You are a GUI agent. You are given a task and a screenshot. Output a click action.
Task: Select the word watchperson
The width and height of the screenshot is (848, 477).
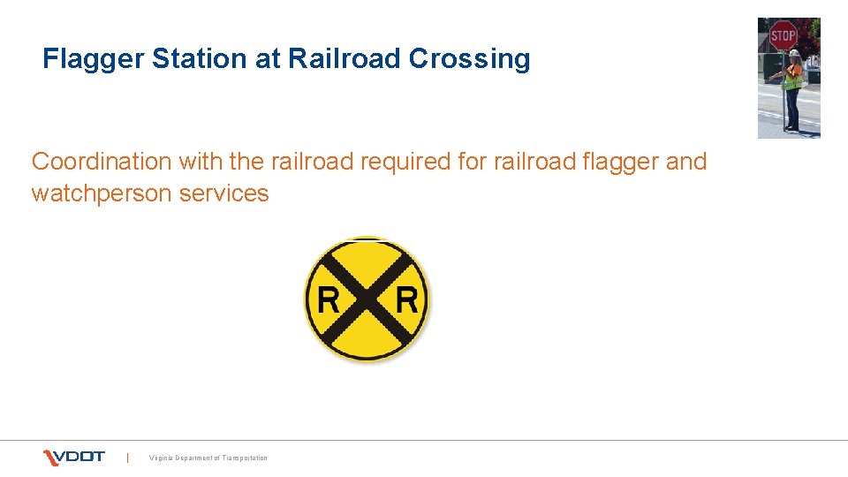(102, 193)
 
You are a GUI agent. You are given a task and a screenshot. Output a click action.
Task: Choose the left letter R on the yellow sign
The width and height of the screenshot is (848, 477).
(328, 299)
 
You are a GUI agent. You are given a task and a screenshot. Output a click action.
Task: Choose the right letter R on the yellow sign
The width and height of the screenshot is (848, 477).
(406, 299)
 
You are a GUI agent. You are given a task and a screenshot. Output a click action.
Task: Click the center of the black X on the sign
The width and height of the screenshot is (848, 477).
(367, 299)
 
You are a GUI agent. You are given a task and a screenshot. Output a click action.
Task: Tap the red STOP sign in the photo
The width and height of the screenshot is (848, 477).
(783, 36)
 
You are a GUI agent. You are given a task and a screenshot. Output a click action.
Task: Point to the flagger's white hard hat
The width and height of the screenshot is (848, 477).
(795, 53)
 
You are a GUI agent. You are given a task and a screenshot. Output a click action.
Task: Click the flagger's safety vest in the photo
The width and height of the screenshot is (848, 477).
(794, 78)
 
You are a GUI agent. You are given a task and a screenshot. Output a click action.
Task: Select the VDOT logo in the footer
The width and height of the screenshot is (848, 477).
(74, 457)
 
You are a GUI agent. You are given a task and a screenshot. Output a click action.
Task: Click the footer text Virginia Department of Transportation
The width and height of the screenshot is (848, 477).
(208, 458)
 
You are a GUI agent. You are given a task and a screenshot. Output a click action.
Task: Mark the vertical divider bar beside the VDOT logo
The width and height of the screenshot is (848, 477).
(128, 457)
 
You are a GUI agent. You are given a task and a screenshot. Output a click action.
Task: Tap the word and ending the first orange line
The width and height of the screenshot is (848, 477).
(687, 162)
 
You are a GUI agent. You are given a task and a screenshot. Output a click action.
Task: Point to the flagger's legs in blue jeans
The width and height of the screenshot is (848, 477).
(792, 110)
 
